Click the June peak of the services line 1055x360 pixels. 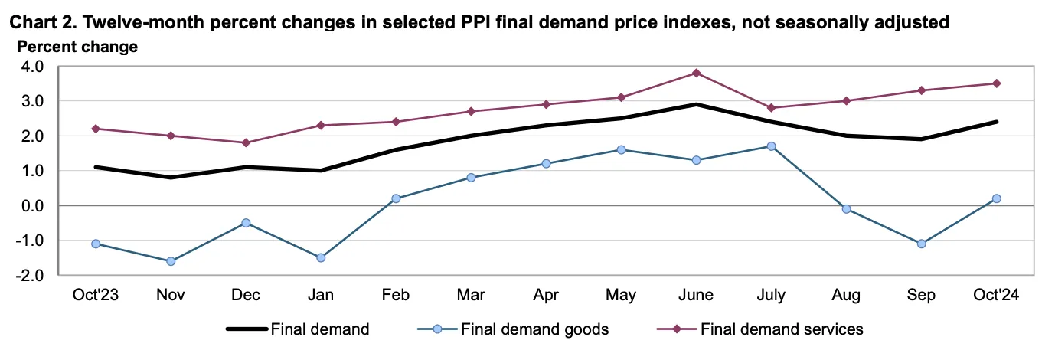696,73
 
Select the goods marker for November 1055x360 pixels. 171,261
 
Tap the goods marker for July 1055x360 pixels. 771,146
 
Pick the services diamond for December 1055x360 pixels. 246,142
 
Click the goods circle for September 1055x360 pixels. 921,244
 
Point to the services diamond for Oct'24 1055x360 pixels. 996,83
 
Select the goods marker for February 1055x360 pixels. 396,198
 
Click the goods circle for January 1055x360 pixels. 321,258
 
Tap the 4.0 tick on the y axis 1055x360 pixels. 32,67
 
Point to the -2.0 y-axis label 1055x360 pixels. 29,275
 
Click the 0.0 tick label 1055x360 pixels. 32,206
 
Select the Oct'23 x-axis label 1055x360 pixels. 95,295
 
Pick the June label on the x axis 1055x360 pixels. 696,295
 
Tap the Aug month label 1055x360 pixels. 846,296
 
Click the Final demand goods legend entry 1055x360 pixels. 514,329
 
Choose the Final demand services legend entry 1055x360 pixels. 760,329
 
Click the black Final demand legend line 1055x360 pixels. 247,329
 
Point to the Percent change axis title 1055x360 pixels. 77,47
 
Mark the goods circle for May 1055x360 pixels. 621,150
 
